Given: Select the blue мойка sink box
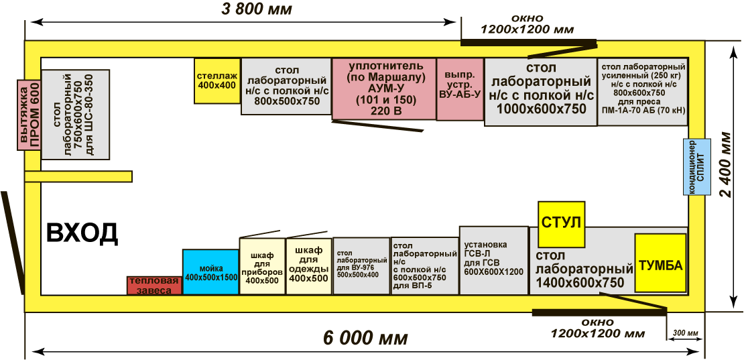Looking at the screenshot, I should [210, 272].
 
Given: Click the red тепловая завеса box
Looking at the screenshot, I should [154, 286].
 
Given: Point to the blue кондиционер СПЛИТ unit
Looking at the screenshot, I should [697, 167].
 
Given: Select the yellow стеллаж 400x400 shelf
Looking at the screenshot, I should [217, 80].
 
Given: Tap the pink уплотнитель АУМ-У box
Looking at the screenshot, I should [383, 88].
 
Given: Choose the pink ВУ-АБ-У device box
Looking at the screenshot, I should [460, 89].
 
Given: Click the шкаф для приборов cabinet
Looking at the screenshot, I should [262, 266].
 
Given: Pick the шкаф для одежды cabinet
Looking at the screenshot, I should [308, 265].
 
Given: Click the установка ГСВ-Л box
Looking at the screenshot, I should [493, 260].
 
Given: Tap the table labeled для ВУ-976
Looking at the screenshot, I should [361, 266].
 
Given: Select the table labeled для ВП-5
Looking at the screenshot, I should [424, 265].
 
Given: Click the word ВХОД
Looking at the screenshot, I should [82, 233].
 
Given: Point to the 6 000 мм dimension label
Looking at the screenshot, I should [365, 338].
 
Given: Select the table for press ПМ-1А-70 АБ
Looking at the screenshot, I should [643, 91].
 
